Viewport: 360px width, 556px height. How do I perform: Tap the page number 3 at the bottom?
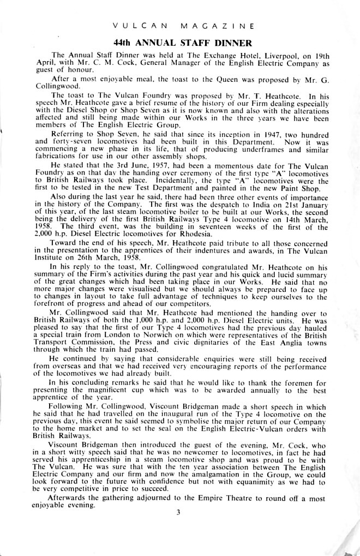(x=178, y=511)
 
